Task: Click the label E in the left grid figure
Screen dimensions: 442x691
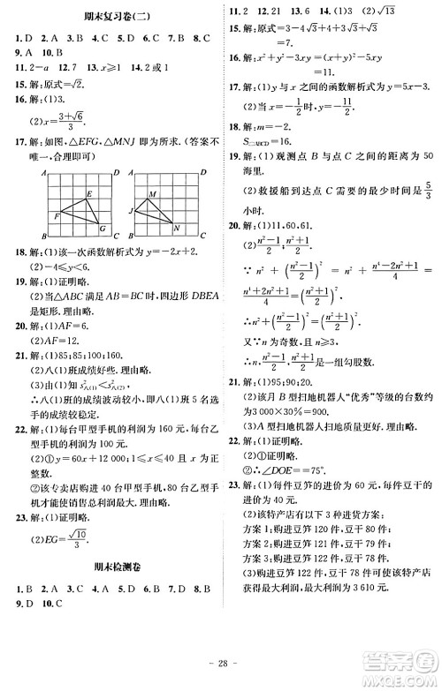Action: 89,193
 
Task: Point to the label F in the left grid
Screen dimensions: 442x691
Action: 56,215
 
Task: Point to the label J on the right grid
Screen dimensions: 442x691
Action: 130,210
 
